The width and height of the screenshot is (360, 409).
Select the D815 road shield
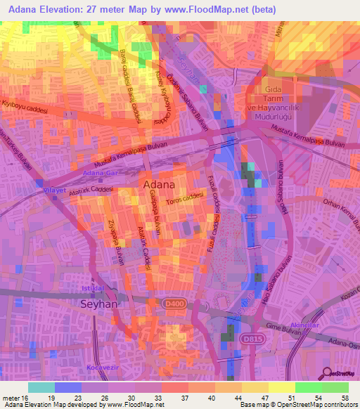(x=250, y=339)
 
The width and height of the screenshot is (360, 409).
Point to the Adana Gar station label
(x=98, y=173)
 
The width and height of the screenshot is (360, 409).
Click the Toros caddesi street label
(x=181, y=201)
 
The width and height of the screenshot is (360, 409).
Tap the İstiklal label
(x=94, y=289)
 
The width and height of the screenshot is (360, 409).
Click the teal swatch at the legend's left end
(x=41, y=387)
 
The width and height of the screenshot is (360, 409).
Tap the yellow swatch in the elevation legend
(x=281, y=387)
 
